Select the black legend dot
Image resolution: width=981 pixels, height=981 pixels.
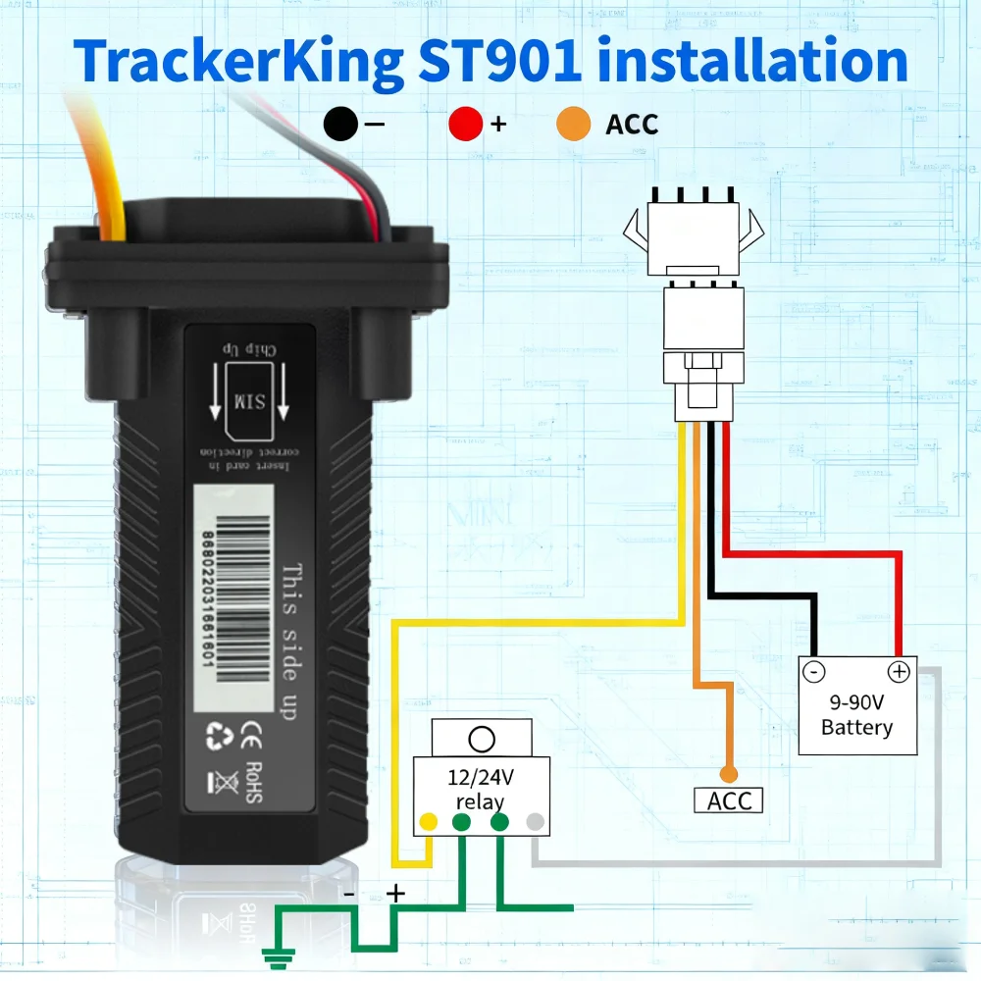(x=341, y=125)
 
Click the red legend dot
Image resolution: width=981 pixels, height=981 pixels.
(x=466, y=125)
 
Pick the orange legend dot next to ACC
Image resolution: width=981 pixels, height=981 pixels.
(x=574, y=125)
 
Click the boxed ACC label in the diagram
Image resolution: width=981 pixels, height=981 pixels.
(x=728, y=800)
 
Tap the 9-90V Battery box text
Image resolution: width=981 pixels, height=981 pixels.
(x=856, y=715)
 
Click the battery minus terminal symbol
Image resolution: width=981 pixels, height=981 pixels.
(x=815, y=672)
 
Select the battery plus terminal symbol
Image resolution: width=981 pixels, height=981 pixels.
(x=899, y=672)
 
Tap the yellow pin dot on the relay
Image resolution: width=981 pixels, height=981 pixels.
(x=429, y=822)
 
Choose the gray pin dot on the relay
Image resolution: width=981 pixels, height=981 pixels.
(x=535, y=822)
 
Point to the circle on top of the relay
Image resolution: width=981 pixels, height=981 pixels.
(x=482, y=738)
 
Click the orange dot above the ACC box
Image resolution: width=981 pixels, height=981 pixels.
(x=727, y=773)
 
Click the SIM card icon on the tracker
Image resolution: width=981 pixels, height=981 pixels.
(x=242, y=400)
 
